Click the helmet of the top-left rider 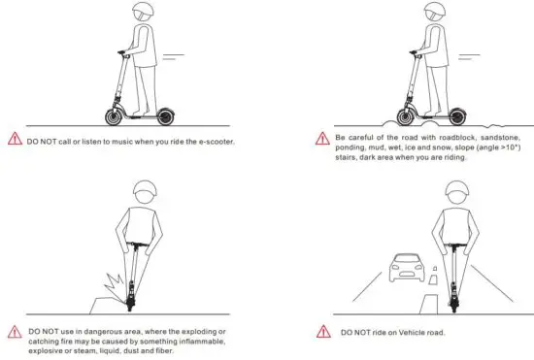(x=143, y=14)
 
